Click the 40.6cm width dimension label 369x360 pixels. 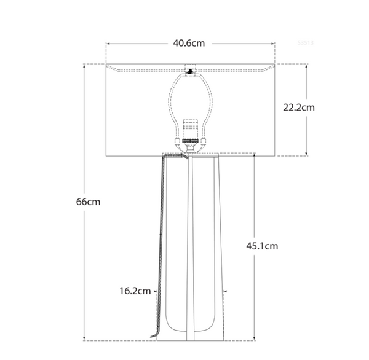coord(189,44)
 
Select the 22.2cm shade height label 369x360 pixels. coord(298,107)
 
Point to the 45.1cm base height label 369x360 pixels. coord(262,246)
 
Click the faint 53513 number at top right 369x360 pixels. coord(306,43)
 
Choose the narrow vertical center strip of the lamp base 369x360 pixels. coord(191,246)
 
